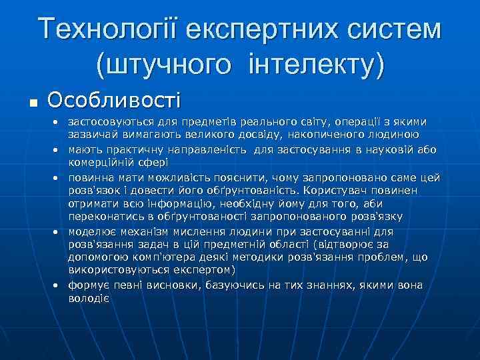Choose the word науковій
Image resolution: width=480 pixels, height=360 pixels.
[387, 150]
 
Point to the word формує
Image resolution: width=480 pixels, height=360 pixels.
[87, 285]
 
